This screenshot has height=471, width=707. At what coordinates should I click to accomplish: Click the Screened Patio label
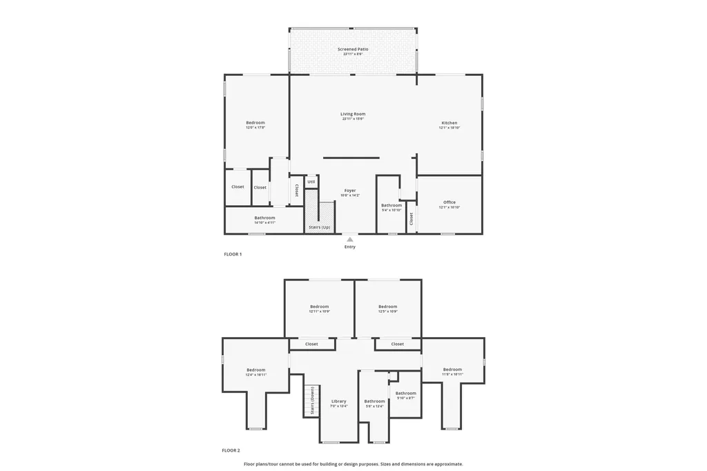353,50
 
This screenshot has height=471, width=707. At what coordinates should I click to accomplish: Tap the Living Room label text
353,114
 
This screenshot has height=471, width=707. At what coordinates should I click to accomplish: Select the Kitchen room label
449,123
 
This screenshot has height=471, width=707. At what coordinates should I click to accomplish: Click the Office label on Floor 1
449,202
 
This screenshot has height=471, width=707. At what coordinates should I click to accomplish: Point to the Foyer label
350,190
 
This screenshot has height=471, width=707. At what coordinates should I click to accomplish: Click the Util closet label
311,182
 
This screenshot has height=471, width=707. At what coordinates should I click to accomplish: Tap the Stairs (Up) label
319,227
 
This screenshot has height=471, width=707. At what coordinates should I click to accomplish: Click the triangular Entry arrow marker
350,240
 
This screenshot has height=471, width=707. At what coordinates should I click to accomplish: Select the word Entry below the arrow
350,247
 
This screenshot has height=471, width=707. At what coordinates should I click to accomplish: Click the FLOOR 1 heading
232,254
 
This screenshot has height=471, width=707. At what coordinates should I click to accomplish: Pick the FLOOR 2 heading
231,450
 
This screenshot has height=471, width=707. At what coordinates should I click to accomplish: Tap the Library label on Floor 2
338,401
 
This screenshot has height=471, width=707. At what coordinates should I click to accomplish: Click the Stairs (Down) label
312,401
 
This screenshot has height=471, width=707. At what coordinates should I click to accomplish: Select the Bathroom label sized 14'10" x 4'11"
264,218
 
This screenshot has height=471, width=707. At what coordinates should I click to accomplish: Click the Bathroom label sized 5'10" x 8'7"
406,393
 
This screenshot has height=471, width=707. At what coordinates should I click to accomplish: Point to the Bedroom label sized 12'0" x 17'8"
255,123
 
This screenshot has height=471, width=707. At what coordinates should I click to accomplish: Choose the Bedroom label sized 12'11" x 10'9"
319,307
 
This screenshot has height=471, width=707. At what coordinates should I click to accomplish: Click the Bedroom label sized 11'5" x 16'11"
452,369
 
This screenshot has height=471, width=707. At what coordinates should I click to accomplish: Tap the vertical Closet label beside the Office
411,219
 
